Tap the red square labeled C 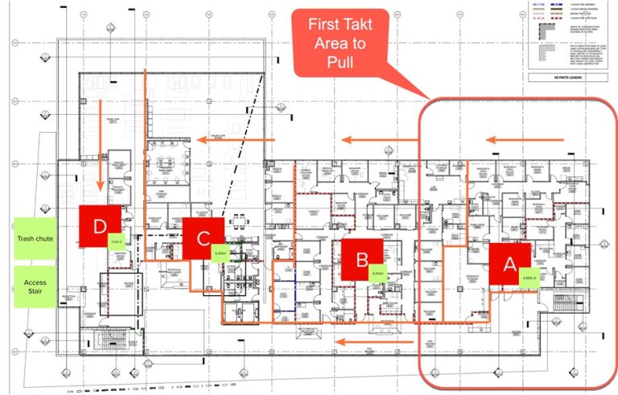point(203,238)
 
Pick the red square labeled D point(99,226)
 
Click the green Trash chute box point(35,238)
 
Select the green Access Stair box point(35,287)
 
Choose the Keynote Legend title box point(566,79)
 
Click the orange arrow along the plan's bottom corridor point(358,340)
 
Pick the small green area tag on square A point(528,278)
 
